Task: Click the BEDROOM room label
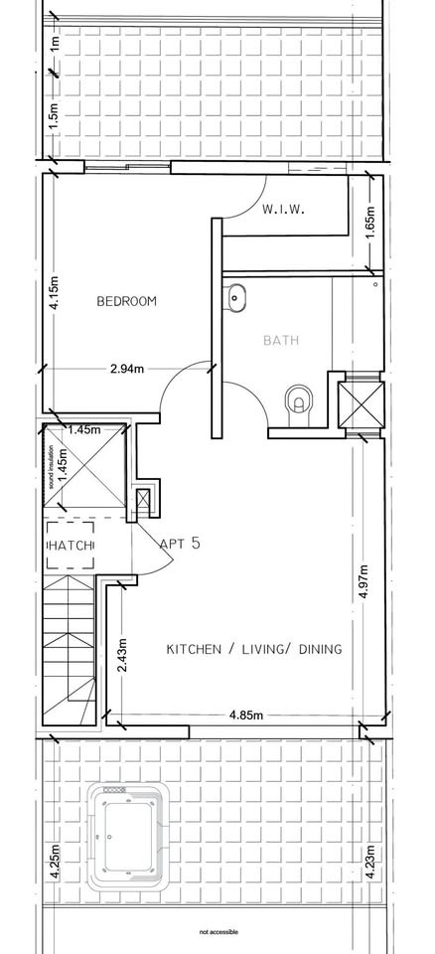pos(126,301)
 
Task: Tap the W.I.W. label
pos(283,210)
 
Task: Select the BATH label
pos(281,340)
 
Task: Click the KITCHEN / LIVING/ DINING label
pos(254,649)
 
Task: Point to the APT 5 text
pos(180,543)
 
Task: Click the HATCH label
pos(71,546)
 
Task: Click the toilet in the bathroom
pos(299,404)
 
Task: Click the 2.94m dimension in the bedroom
pos(127,368)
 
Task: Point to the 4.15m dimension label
pos(55,293)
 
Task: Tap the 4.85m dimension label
pos(246,715)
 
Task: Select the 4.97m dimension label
pos(363,582)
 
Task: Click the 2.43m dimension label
pos(123,654)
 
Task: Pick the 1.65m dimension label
pos(371,224)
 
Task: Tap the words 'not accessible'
pos(219,931)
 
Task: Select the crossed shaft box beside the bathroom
pos(362,404)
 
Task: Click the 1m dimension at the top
pos(55,44)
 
